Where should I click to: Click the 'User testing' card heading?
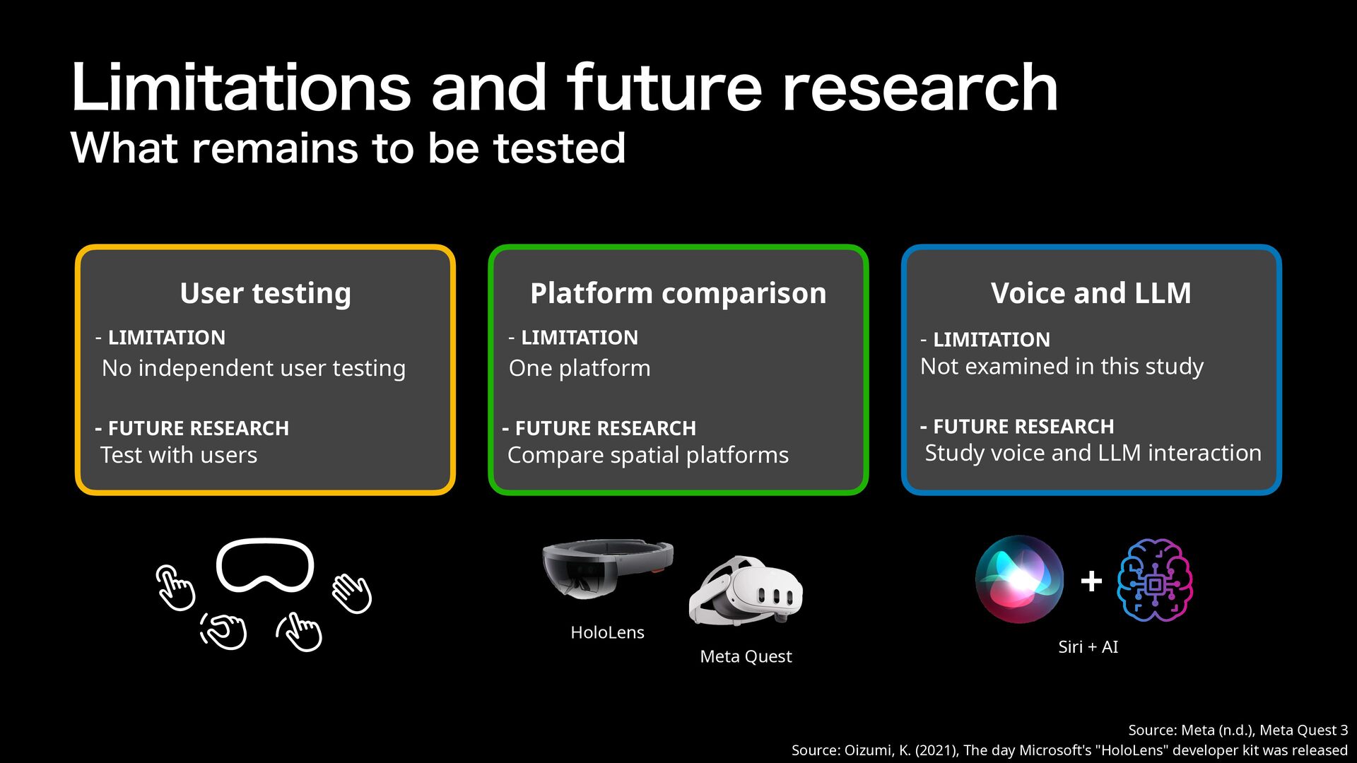(x=265, y=293)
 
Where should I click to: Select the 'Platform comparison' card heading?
(x=678, y=293)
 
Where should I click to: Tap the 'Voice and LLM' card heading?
(x=1091, y=292)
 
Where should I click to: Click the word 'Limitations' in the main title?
(x=241, y=88)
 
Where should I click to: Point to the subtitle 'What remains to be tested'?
(x=348, y=148)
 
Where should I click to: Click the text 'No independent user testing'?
(x=254, y=368)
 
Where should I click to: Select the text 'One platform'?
(x=580, y=368)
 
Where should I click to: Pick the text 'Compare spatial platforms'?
(x=648, y=455)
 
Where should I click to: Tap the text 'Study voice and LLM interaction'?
(x=1093, y=453)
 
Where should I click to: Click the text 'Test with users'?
(x=179, y=455)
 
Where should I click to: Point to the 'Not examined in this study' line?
(x=1062, y=367)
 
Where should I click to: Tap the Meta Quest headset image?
(x=746, y=591)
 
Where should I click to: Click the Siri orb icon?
(x=1019, y=579)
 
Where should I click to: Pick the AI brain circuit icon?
(x=1155, y=580)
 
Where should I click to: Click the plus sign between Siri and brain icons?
(x=1091, y=581)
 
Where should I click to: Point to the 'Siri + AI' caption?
(x=1088, y=646)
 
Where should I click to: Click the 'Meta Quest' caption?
(x=746, y=656)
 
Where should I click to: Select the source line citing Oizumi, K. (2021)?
(x=1069, y=750)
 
